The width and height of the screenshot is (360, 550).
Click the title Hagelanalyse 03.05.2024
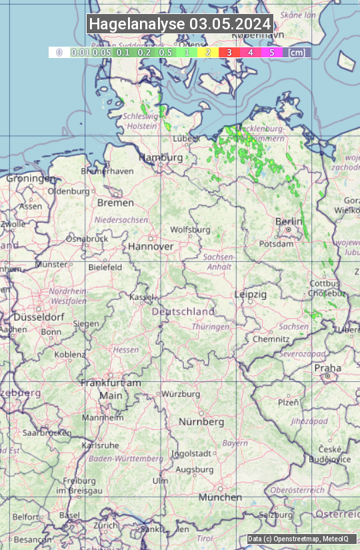tap(180, 24)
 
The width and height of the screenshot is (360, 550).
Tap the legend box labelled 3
tap(229, 52)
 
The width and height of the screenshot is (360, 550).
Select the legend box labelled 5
tap(271, 52)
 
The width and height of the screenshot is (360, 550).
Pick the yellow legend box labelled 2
tap(208, 52)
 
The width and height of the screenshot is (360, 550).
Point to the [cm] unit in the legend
tap(297, 52)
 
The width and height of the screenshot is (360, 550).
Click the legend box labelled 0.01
tap(80, 52)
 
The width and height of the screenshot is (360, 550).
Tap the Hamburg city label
tap(160, 157)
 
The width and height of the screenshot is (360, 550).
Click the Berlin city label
tap(289, 221)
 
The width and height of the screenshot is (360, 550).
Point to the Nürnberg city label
tap(201, 422)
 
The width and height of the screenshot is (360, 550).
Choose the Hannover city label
tap(151, 246)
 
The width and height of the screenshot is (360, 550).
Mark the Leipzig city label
tap(251, 294)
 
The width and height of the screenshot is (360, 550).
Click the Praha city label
tap(327, 368)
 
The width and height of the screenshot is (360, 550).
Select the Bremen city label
tap(111, 202)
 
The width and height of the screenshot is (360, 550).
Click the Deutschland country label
tap(183, 311)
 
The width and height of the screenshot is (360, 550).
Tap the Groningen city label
tap(31, 179)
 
